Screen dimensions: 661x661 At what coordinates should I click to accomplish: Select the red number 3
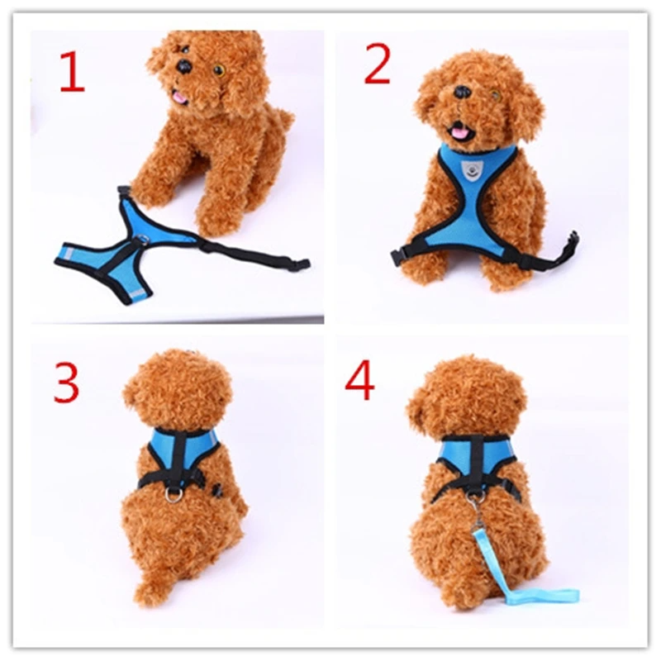pos(67,383)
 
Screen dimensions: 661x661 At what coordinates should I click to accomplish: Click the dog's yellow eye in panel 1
pos(219,70)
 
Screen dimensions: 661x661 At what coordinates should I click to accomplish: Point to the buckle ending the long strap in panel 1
pos(301,264)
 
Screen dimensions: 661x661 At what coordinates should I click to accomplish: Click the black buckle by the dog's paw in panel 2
pos(399,257)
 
